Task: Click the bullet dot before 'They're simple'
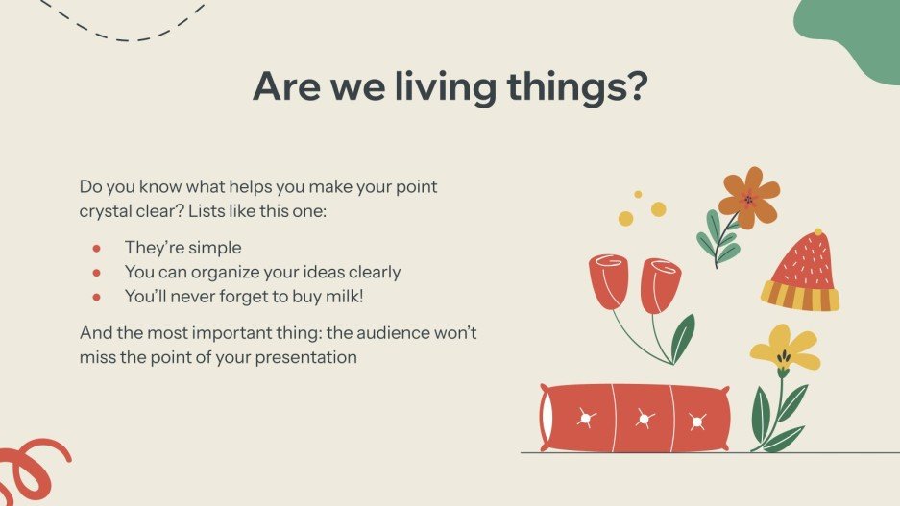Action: point(96,249)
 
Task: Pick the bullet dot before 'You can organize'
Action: point(96,273)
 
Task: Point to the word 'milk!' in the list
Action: point(342,297)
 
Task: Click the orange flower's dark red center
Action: point(747,200)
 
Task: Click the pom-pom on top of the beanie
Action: point(817,232)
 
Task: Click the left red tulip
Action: point(609,281)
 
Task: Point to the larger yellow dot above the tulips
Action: point(658,209)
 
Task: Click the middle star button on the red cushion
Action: point(645,419)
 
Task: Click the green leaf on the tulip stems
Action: point(683,338)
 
